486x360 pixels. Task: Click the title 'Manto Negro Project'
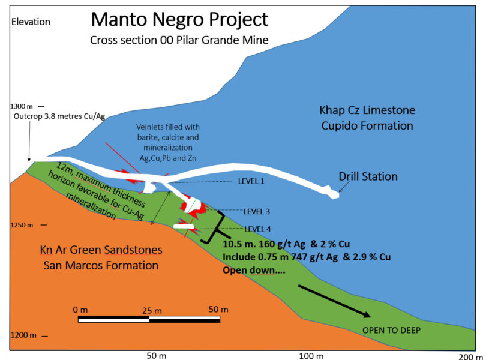tap(179, 20)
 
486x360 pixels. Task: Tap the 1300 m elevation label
tap(22, 106)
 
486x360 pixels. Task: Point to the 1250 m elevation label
tap(22, 225)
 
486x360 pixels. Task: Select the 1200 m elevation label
tap(23, 335)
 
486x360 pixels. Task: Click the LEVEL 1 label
tap(251, 181)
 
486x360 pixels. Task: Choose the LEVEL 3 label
tap(257, 211)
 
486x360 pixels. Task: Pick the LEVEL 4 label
tap(257, 229)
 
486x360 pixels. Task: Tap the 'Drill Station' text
tap(368, 176)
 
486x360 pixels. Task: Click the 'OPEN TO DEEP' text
tap(391, 330)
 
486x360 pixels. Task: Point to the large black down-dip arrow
tap(334, 301)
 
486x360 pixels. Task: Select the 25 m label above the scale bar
tap(152, 310)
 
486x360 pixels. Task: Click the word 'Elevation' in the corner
tap(31, 22)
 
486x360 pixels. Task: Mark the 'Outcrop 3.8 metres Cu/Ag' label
tap(59, 116)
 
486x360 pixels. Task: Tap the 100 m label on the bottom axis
tap(311, 356)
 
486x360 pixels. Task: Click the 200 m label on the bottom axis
tap(470, 356)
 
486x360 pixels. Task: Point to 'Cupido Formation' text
tap(367, 125)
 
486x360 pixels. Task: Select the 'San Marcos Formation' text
tap(101, 265)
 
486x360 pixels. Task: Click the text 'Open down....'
tap(254, 270)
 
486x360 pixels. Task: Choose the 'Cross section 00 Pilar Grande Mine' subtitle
tap(179, 40)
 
